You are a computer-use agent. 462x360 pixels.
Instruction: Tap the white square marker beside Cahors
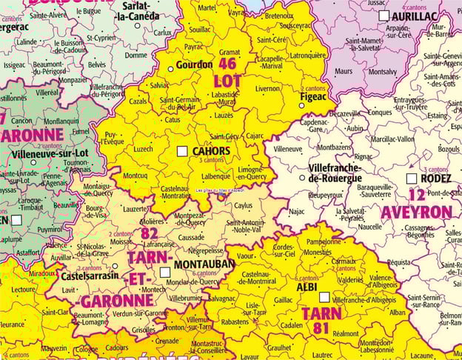click(182, 151)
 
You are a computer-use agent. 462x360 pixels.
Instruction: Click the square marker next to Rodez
click(411, 179)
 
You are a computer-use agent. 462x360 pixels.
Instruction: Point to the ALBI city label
click(307, 287)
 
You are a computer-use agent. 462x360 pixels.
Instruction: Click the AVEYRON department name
click(416, 213)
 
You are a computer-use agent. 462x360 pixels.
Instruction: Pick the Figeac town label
click(314, 96)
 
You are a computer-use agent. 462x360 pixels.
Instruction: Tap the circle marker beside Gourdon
click(170, 69)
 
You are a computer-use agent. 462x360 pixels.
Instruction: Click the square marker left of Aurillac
click(384, 15)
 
